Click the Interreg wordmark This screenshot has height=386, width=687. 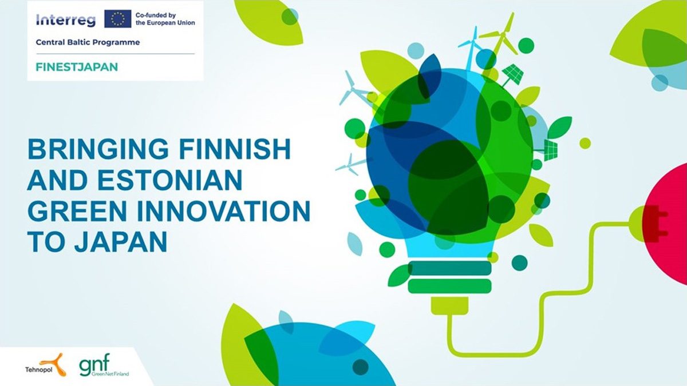pos(66,20)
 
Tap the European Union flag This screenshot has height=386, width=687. pos(118,19)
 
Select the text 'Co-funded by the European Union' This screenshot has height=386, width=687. pos(165,19)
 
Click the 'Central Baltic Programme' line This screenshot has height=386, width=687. pos(88,42)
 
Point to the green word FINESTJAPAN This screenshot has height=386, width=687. pos(77,67)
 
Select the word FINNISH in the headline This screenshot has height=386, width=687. pos(234,149)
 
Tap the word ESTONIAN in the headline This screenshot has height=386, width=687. pos(170,180)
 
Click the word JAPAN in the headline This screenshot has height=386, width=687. pos(121,241)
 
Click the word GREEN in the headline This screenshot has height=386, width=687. pos(77,211)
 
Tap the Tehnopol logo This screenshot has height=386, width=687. pos(45,365)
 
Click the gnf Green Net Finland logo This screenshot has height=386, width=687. pos(104,365)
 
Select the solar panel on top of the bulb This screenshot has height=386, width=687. pos(512,74)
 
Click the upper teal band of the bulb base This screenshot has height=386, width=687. pos(449,268)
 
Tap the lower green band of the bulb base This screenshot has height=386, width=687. pos(449,286)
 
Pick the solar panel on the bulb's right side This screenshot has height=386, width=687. pos(551,150)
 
